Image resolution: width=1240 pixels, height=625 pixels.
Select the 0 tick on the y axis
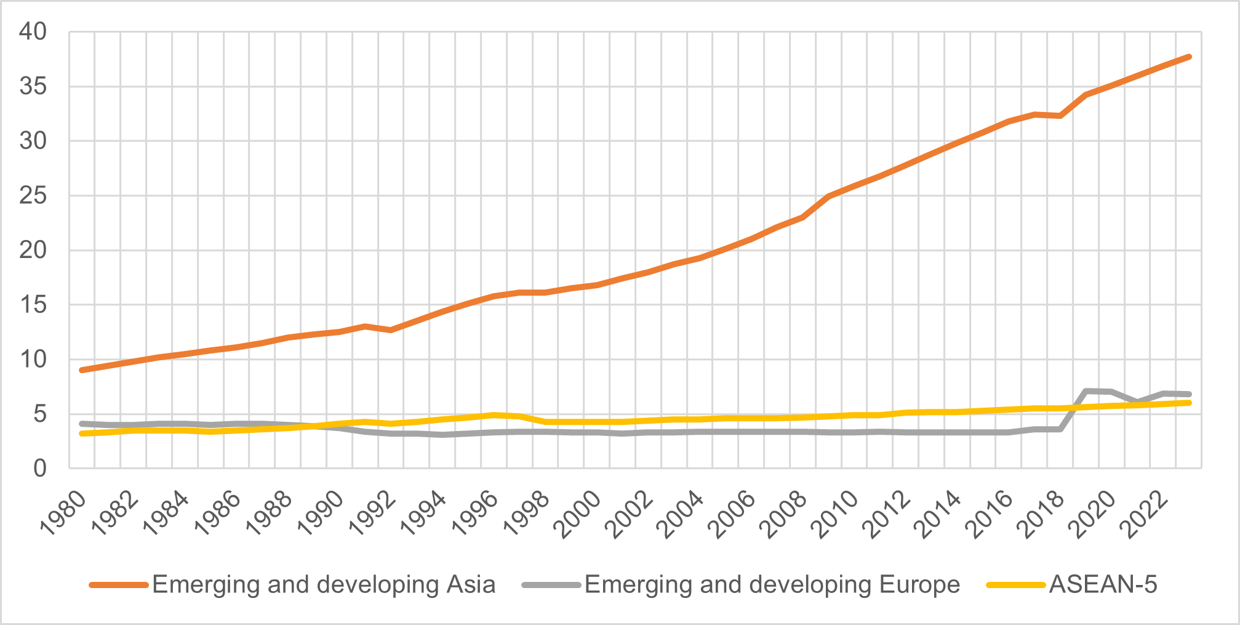[39, 469]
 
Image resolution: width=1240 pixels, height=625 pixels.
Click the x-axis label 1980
[63, 514]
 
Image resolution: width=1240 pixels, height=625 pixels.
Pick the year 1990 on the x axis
[321, 514]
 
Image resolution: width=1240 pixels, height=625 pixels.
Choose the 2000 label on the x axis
[578, 514]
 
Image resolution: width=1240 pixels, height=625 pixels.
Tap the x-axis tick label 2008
[783, 514]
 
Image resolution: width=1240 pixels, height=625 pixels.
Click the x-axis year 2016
[989, 514]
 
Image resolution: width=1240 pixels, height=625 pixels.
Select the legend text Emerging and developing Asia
[324, 584]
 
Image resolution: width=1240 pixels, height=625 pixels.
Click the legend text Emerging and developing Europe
[772, 584]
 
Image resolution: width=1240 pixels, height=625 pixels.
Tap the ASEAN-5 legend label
[1103, 584]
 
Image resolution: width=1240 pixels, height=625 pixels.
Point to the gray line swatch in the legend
[551, 585]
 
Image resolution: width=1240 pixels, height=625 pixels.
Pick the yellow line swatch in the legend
[1015, 585]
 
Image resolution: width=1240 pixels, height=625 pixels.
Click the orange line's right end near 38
[1189, 57]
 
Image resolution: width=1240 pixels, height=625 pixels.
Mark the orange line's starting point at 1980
[82, 370]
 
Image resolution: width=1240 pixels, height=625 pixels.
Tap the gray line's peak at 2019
[1086, 391]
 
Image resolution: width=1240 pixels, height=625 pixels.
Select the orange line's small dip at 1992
[391, 330]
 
